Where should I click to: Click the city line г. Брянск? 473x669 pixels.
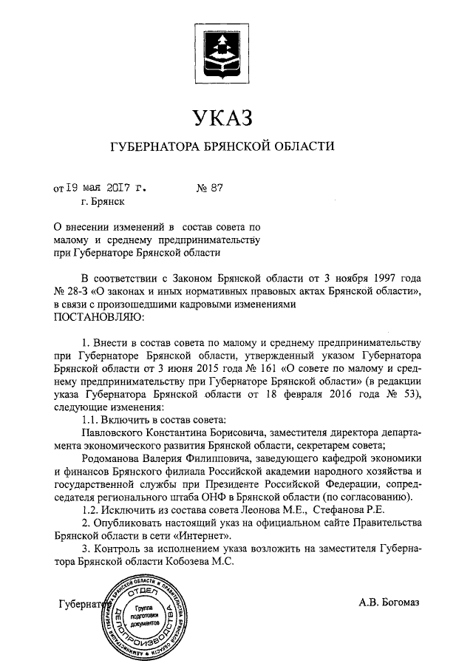[103, 200]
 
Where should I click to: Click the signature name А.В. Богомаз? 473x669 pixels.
[389, 603]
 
